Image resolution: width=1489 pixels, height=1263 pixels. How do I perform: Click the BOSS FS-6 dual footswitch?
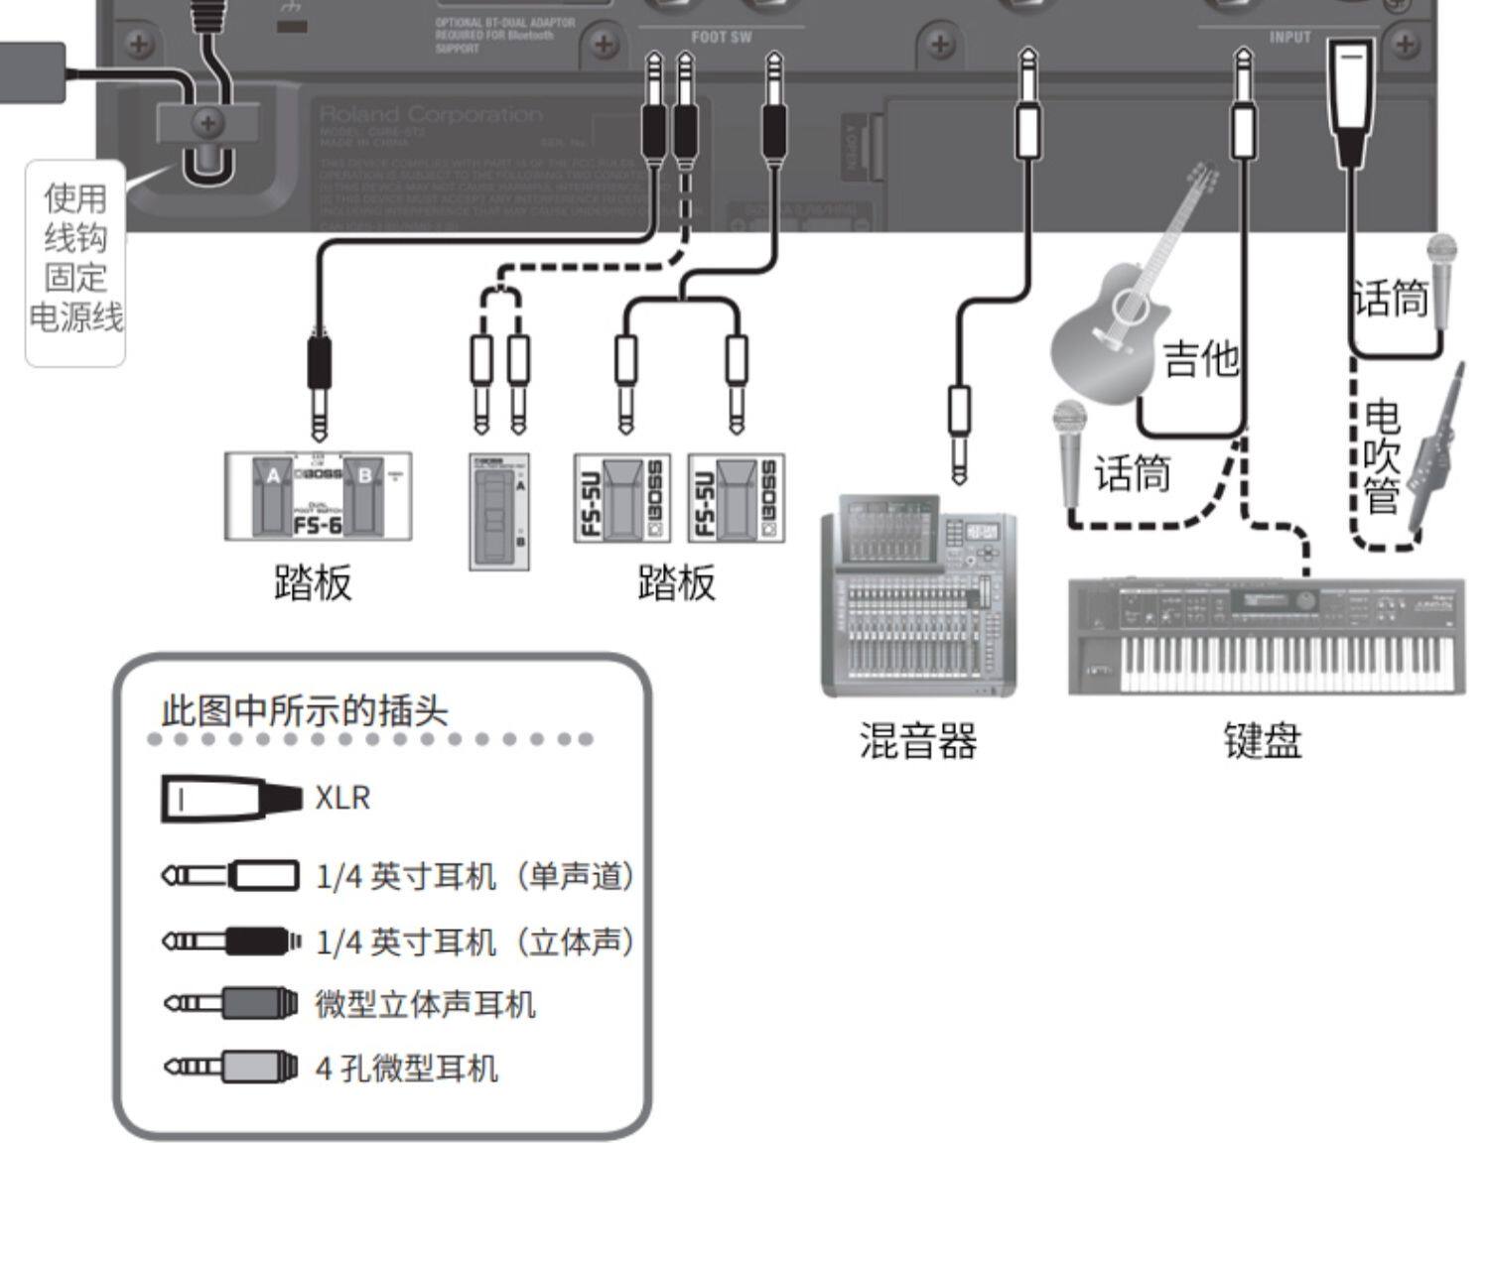[x=318, y=496]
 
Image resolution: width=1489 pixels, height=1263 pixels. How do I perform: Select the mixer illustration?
[x=918, y=595]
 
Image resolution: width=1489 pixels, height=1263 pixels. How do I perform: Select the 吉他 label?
[x=1201, y=357]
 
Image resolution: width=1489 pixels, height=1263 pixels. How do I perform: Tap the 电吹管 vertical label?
[x=1382, y=456]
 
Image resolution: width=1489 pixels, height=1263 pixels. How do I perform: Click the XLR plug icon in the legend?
[x=231, y=799]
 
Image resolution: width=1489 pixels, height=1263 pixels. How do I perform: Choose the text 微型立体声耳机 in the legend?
[x=425, y=1004]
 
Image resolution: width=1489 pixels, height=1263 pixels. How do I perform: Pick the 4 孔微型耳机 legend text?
[x=406, y=1069]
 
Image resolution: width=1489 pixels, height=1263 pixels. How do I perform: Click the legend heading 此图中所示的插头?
[x=305, y=710]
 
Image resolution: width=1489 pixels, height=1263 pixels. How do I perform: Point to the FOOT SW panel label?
[x=722, y=38]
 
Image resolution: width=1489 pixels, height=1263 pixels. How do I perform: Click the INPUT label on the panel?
[x=1289, y=38]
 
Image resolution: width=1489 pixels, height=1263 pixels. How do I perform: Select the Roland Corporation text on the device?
[x=431, y=115]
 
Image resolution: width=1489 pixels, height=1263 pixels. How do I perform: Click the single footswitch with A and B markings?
[x=499, y=511]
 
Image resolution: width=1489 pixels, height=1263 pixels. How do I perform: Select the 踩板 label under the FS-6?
[x=313, y=582]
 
